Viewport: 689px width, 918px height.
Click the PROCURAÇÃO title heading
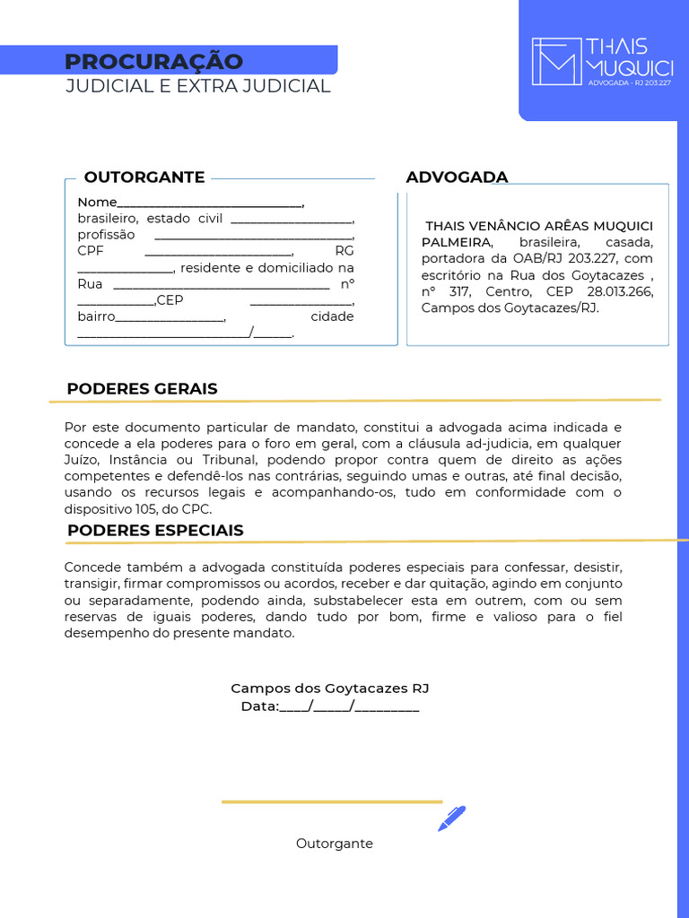[x=153, y=61]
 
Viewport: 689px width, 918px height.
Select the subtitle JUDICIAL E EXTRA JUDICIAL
[x=197, y=86]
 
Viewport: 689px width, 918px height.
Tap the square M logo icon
[x=555, y=61]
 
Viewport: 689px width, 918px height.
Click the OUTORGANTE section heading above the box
[x=144, y=178]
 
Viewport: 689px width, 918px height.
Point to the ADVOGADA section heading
[x=457, y=178]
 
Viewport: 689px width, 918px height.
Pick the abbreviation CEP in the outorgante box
[x=170, y=300]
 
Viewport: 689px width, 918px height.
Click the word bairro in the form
[x=96, y=316]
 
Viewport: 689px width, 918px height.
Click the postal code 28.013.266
[x=620, y=292]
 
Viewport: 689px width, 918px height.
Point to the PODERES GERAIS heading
[x=142, y=389]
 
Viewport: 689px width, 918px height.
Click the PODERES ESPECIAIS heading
[x=155, y=531]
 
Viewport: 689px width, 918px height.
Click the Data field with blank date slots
[x=329, y=706]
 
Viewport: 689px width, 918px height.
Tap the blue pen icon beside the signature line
[x=451, y=818]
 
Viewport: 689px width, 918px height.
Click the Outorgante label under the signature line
[x=334, y=844]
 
